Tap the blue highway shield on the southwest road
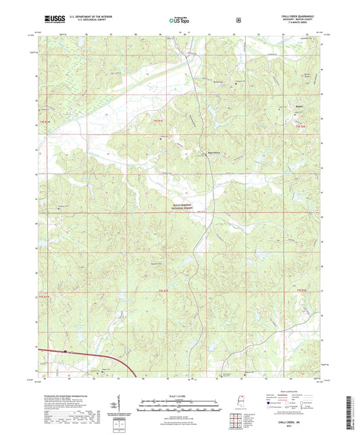[x=66, y=351]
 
